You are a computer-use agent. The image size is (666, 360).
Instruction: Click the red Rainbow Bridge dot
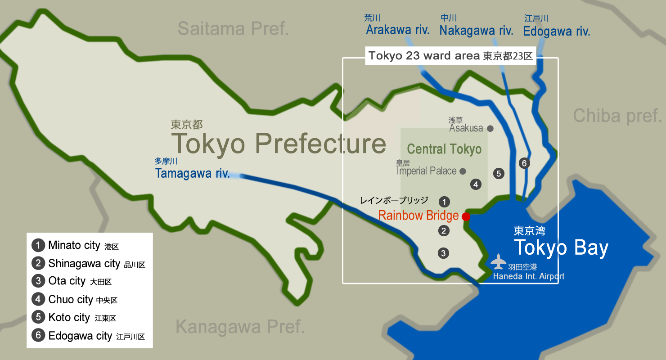click(466, 216)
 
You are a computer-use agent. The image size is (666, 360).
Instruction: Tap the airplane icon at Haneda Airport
click(498, 261)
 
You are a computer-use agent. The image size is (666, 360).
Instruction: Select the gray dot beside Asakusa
click(490, 128)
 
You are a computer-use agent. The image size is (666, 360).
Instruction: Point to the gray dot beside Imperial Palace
click(463, 171)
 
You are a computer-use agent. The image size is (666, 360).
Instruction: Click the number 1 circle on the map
click(444, 202)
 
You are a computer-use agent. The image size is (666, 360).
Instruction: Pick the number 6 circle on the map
click(524, 163)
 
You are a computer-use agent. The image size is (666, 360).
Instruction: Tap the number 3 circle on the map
click(443, 253)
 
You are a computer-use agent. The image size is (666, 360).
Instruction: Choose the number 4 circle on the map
click(476, 184)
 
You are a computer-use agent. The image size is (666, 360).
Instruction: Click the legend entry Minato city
click(74, 245)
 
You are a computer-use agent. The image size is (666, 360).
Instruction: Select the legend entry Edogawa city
click(80, 336)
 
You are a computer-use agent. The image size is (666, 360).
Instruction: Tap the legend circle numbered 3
click(38, 281)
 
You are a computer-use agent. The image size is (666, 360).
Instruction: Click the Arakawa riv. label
click(398, 30)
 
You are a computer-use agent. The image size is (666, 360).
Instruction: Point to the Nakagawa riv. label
click(476, 31)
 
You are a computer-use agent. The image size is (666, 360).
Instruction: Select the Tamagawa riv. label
click(193, 173)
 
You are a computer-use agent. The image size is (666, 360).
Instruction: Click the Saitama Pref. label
click(233, 29)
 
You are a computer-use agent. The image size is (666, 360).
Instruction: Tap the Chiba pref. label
click(617, 116)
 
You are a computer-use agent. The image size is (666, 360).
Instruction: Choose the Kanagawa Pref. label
click(240, 327)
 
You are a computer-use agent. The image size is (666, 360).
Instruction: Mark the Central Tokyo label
click(444, 149)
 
